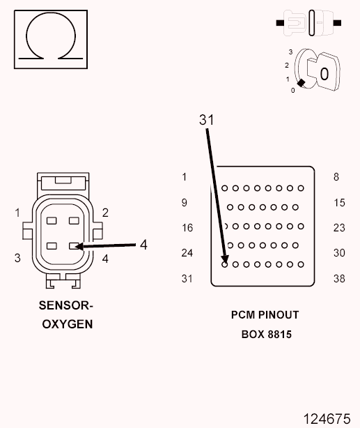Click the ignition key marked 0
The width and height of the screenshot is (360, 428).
pyautogui.click(x=327, y=72)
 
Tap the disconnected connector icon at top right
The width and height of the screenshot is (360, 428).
pyautogui.click(x=308, y=23)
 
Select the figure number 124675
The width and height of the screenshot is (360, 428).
pyautogui.click(x=327, y=419)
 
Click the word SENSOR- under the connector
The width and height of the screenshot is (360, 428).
pyautogui.click(x=66, y=305)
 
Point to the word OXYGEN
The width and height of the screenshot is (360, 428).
pyautogui.click(x=68, y=324)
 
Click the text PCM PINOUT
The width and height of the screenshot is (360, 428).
pyautogui.click(x=265, y=315)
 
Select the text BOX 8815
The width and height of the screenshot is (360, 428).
pyautogui.click(x=267, y=335)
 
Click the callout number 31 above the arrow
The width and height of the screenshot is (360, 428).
pyautogui.click(x=206, y=120)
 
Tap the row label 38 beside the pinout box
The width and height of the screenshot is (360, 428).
pyautogui.click(x=339, y=279)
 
